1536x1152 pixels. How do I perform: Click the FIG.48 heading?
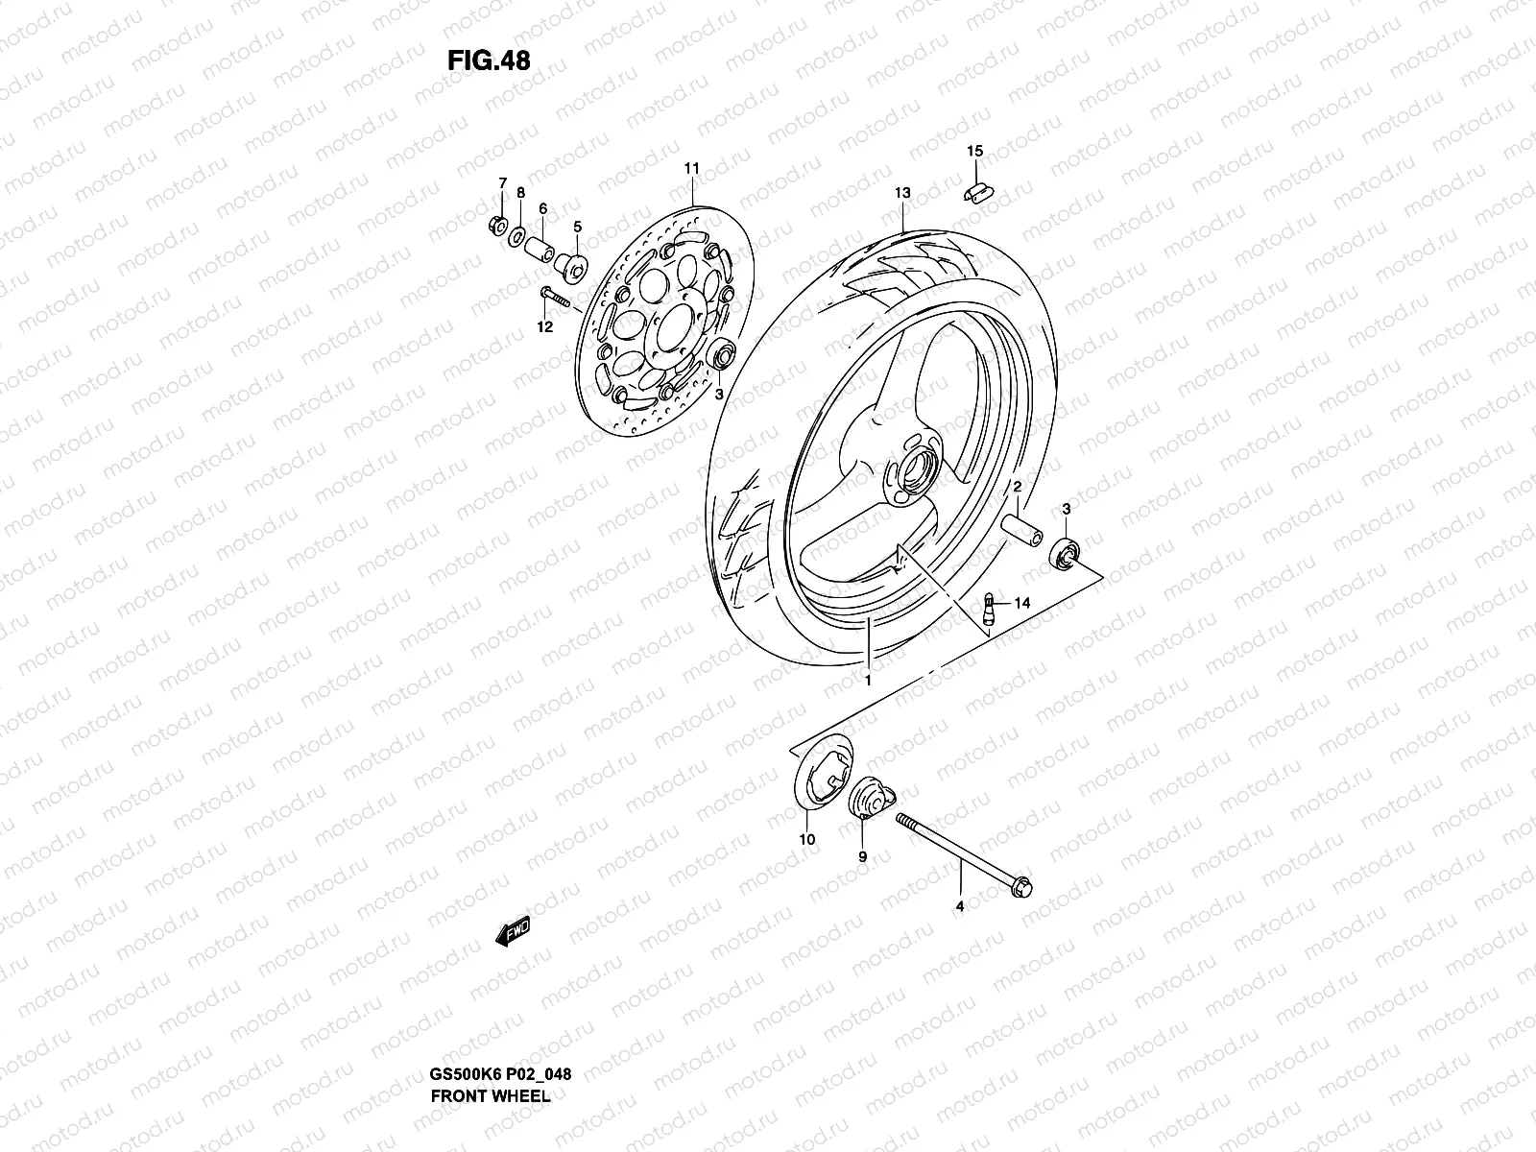coord(489,60)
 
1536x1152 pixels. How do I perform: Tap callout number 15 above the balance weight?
coord(974,152)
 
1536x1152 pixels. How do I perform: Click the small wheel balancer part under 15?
coord(976,191)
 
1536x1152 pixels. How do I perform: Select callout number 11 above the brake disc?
coord(718,168)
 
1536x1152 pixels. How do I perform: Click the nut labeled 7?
coord(497,227)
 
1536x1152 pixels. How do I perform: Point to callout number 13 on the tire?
coord(902,193)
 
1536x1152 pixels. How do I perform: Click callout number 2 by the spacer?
coord(1017,488)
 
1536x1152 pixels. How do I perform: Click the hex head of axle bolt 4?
coord(1021,890)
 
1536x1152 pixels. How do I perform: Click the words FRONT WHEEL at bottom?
coord(490,1095)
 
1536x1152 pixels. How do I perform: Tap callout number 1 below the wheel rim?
coord(867,681)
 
